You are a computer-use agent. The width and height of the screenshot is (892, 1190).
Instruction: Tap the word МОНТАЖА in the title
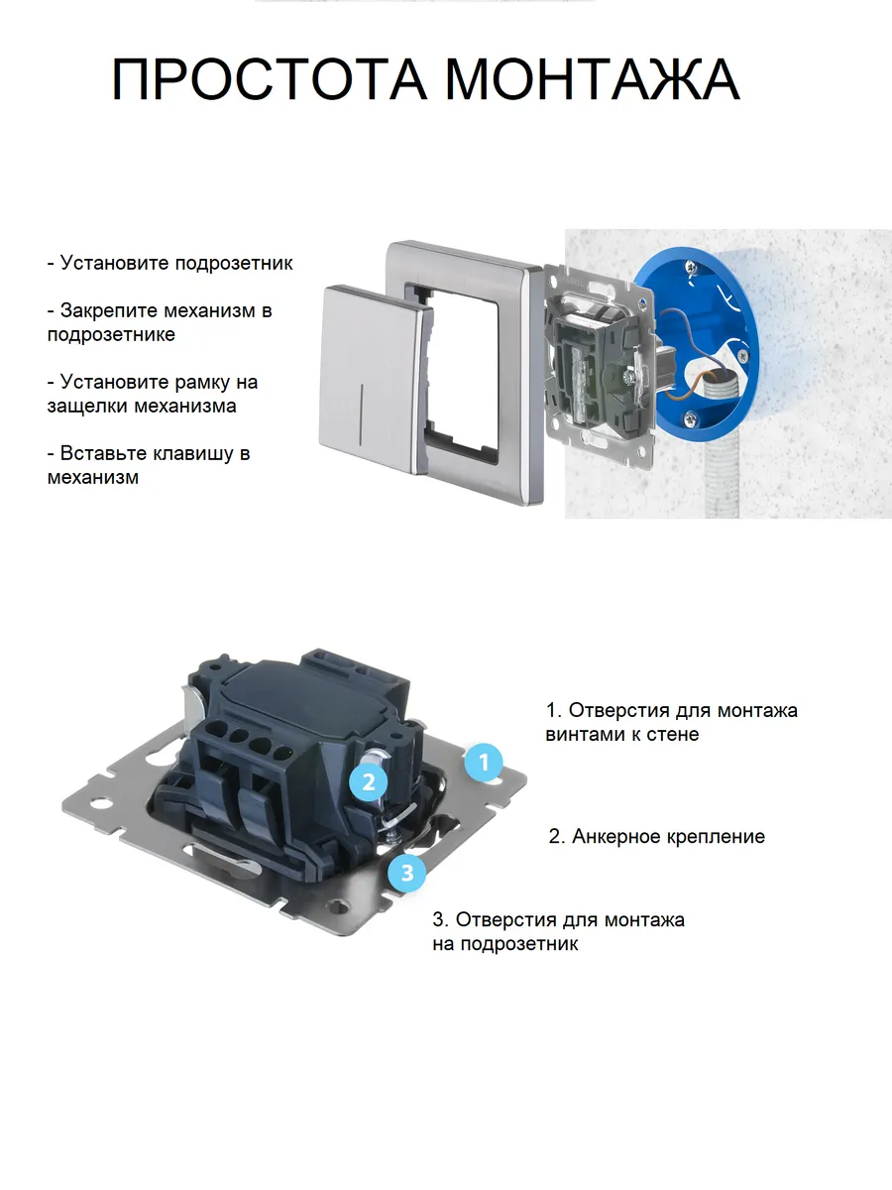(x=592, y=79)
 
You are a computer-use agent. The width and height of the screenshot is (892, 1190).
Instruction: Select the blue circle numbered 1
(x=484, y=763)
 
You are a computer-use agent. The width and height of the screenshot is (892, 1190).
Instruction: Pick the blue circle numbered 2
(x=369, y=782)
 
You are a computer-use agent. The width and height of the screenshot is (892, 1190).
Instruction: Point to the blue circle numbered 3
(x=407, y=873)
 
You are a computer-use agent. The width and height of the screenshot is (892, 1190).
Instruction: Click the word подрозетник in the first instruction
(x=234, y=264)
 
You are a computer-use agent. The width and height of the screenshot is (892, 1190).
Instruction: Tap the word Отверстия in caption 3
(x=505, y=920)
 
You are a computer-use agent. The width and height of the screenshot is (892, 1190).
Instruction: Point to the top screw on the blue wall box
(x=691, y=267)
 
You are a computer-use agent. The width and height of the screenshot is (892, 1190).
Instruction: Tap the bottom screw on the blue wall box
(x=691, y=417)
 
